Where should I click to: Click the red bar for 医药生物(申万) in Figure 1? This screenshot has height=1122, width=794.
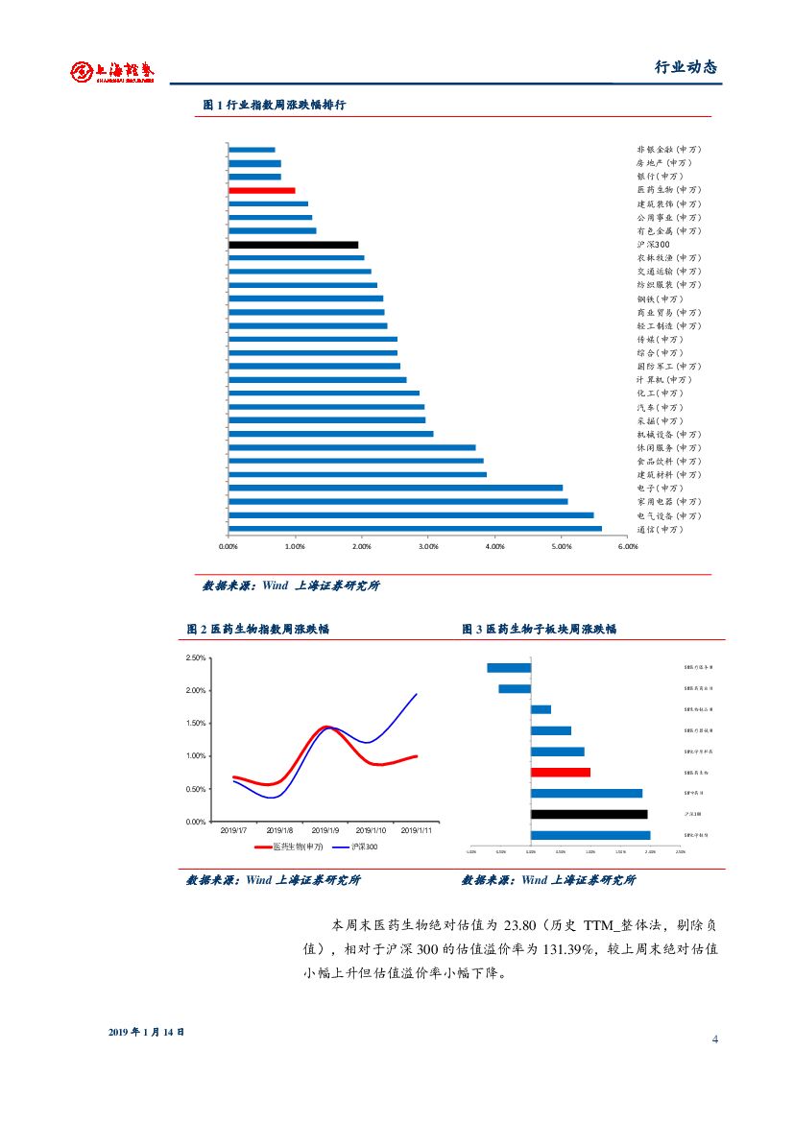[262, 191]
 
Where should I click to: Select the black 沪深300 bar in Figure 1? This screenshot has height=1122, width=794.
[293, 245]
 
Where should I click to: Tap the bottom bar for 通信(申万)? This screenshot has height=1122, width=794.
[415, 529]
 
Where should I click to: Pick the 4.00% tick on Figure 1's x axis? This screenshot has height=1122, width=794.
[495, 547]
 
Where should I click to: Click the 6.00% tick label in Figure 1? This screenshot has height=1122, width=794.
[628, 547]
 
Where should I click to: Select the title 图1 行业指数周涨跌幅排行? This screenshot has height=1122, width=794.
[275, 105]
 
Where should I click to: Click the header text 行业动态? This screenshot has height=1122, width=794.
[686, 67]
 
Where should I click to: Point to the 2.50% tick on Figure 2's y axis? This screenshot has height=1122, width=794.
[195, 657]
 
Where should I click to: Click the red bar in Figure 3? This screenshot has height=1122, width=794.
[561, 772]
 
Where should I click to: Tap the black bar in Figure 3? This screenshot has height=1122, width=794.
[589, 814]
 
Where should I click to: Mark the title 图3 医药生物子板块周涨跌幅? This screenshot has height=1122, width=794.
[540, 630]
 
